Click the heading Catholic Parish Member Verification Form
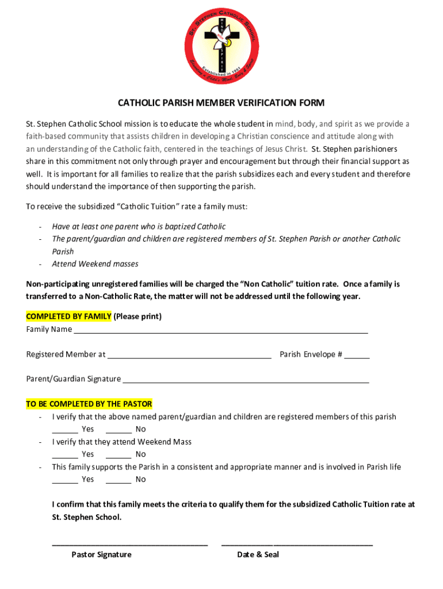221,104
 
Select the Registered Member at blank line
189,356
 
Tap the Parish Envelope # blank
357,356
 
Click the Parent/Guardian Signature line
246,381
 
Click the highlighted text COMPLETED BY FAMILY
68,317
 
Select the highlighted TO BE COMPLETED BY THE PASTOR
89,404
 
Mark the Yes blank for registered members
65,431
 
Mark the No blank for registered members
119,431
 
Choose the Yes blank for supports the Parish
65,481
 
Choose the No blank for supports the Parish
119,481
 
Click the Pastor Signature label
101,555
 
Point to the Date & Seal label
258,555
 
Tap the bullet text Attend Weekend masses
95,265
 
